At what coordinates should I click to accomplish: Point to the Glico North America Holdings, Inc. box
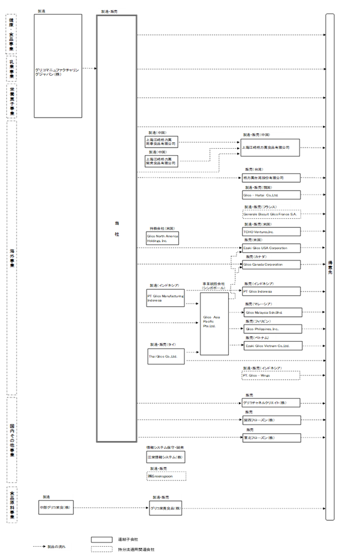coord(162,238)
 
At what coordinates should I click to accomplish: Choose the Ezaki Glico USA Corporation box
coord(271,248)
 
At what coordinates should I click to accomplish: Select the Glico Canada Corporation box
coord(271,265)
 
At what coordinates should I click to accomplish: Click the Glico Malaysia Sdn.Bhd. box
coord(271,312)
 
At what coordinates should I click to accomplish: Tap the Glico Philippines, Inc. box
coord(271,329)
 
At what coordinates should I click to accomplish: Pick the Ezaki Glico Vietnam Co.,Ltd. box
coord(271,346)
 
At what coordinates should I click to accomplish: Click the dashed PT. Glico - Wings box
coord(271,375)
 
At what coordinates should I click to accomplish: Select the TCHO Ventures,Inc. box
coord(271,232)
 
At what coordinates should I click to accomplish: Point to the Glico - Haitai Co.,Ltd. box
coord(271,195)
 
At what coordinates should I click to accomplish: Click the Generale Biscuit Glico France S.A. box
coord(271,215)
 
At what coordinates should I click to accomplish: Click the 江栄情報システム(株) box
coord(166,457)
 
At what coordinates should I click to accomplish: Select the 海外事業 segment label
coord(12,258)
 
